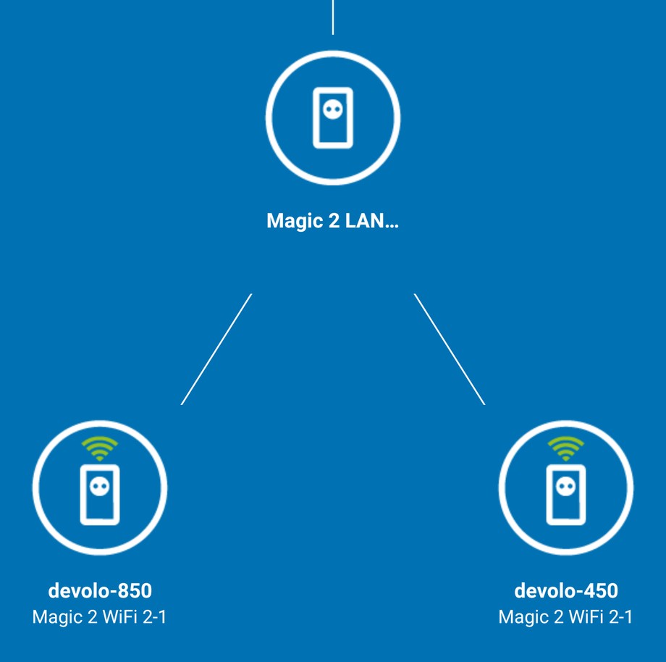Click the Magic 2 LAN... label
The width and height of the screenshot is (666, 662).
332,221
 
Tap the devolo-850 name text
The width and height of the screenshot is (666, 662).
100,591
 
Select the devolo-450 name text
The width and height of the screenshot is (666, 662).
566,591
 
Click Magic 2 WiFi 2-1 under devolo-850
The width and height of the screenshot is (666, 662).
100,617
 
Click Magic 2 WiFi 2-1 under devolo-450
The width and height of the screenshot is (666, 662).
566,617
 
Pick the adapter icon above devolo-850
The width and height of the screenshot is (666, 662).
99,495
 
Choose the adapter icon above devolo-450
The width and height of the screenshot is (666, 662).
565,495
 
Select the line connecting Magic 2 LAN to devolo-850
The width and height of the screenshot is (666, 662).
216,349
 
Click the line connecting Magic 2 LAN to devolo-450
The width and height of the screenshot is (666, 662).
449,349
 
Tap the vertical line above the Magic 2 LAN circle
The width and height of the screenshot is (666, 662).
332,17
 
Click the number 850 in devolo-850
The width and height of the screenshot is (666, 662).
135,591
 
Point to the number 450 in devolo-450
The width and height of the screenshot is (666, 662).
601,591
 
